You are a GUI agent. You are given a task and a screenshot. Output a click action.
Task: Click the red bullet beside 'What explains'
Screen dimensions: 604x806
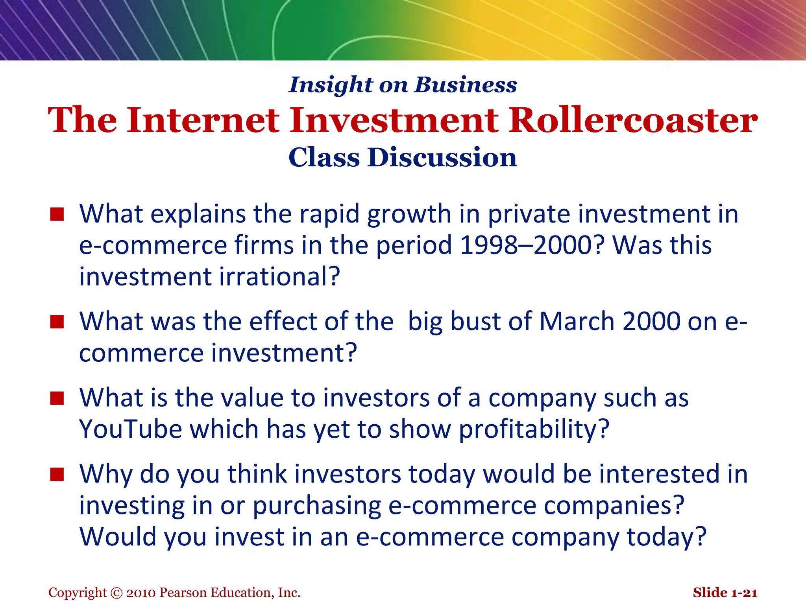pos(57,214)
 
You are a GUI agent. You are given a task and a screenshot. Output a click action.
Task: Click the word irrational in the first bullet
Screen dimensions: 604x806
pos(279,276)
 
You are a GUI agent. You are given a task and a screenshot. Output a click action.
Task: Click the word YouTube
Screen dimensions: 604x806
pos(130,429)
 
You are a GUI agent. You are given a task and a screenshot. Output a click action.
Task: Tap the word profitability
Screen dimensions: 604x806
pos(534,429)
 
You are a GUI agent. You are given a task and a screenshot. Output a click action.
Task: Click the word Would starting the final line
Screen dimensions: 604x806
pos(118,537)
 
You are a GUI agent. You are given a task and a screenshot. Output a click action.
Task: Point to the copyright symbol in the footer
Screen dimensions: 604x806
pos(117,593)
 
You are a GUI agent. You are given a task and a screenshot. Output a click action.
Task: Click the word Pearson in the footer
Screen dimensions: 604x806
pos(183,593)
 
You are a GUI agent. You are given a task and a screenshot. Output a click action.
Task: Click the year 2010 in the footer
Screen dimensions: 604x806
pos(141,593)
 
